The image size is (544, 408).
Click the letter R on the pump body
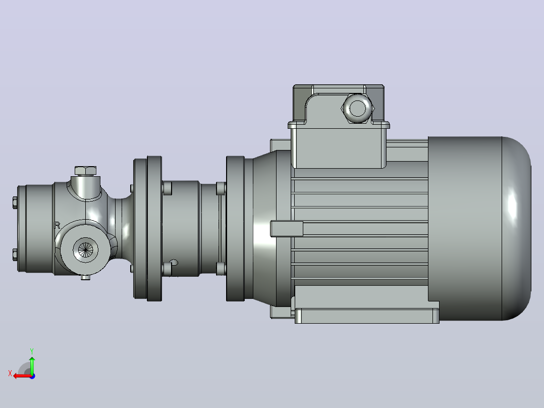(x=57, y=225)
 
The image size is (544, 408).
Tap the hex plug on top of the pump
(x=85, y=171)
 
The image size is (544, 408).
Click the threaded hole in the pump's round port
(x=85, y=249)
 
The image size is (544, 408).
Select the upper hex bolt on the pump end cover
(x=15, y=202)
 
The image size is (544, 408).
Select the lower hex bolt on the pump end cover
(x=15, y=254)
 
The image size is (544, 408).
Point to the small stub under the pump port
(x=85, y=277)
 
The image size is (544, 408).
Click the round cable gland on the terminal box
(x=357, y=108)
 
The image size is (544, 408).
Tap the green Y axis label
(x=32, y=351)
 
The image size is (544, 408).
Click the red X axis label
(x=10, y=373)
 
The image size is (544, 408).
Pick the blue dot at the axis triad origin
(x=32, y=376)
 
